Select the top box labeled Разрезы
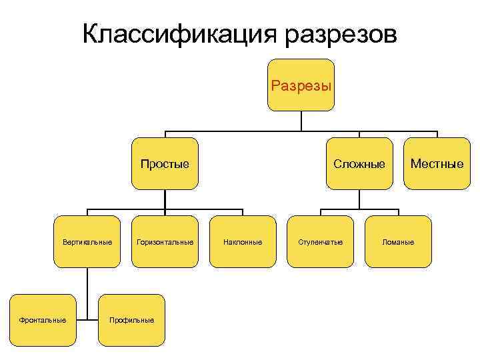click(301, 85)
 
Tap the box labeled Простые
click(165, 163)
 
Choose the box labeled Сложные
click(360, 163)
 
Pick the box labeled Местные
click(437, 163)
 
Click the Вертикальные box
click(87, 241)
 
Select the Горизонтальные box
click(165, 241)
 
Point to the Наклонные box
click(243, 241)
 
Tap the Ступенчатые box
click(321, 241)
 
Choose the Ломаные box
click(398, 241)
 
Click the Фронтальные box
click(43, 320)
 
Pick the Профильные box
click(131, 320)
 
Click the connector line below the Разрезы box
click(301, 121)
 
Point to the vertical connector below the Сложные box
click(360, 199)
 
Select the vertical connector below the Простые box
click(165, 199)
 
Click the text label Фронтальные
click(43, 320)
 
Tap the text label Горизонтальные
click(165, 241)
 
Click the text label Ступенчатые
click(321, 241)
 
